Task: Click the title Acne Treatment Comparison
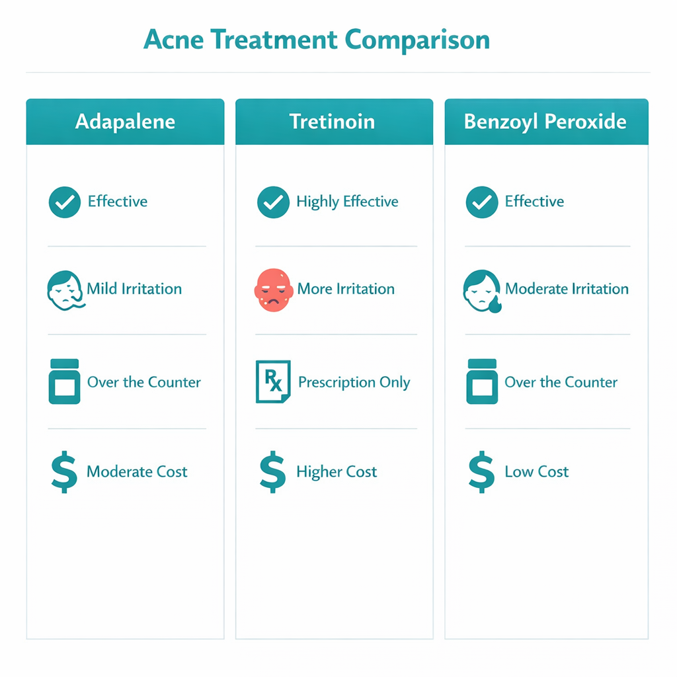tap(317, 40)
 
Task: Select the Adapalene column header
tap(125, 122)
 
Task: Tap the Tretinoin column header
tap(332, 122)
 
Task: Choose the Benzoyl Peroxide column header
tap(545, 122)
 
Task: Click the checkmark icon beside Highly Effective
tap(273, 202)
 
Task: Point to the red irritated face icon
tap(272, 289)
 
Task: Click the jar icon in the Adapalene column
tap(64, 381)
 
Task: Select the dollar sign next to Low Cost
tap(481, 472)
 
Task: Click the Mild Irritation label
tap(134, 289)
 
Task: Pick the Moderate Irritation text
tap(567, 289)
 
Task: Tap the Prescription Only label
tap(354, 382)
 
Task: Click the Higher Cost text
tap(337, 472)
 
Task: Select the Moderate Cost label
tap(137, 472)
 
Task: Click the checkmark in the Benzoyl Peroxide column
tap(482, 202)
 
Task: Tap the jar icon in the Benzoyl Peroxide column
tap(481, 381)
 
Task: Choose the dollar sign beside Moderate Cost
tap(64, 472)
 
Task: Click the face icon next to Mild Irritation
tap(65, 290)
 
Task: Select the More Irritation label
tap(346, 289)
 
